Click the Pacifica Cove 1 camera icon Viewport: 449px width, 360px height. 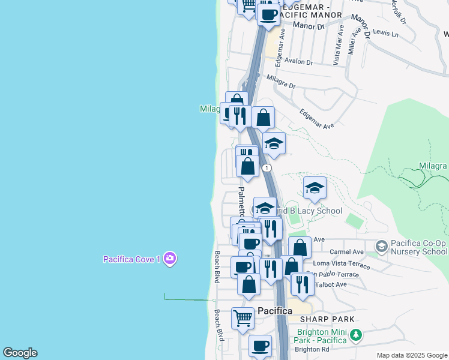tap(170, 259)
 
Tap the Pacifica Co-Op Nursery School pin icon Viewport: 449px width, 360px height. tap(381, 247)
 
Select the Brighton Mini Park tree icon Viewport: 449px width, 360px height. tap(357, 334)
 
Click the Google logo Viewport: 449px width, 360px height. tap(20, 353)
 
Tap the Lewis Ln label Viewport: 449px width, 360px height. tap(385, 34)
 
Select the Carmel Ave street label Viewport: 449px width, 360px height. tap(351, 252)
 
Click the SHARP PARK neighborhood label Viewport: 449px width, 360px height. tap(328, 319)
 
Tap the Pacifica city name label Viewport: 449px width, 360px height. tap(275, 311)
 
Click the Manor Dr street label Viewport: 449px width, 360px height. tap(309, 26)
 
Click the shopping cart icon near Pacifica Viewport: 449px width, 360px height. tap(243, 318)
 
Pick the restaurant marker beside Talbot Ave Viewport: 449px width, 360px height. tap(302, 284)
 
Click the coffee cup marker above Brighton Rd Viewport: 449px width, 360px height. tap(260, 346)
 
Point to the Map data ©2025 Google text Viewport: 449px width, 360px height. tap(411, 355)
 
